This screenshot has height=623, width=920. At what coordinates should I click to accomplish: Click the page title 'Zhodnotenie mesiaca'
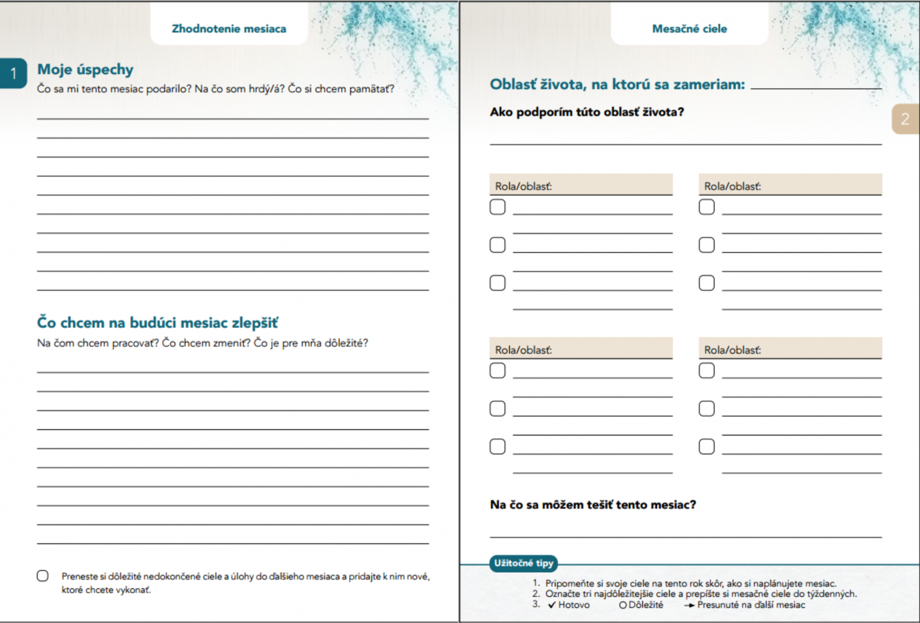pyautogui.click(x=229, y=29)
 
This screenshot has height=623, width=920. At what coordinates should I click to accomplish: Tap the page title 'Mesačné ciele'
pyautogui.click(x=689, y=29)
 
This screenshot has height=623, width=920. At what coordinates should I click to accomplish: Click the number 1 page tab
pyautogui.click(x=13, y=74)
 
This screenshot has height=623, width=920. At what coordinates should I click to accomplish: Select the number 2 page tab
pyautogui.click(x=904, y=119)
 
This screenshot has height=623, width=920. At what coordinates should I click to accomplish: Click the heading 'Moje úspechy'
pyautogui.click(x=85, y=69)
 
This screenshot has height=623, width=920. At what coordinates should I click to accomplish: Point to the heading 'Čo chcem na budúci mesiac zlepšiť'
pyautogui.click(x=158, y=323)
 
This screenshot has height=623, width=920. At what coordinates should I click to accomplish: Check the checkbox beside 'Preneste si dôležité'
pyautogui.click(x=43, y=576)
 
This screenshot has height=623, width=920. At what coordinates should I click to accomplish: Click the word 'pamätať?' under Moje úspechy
pyautogui.click(x=371, y=89)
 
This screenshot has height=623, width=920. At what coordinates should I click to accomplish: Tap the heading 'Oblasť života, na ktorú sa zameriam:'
pyautogui.click(x=617, y=84)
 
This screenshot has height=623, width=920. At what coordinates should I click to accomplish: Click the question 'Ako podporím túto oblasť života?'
pyautogui.click(x=586, y=112)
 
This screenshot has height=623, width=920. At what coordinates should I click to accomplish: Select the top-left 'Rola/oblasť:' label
pyautogui.click(x=523, y=186)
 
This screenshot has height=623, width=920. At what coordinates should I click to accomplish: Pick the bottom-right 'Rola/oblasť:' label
pyautogui.click(x=733, y=350)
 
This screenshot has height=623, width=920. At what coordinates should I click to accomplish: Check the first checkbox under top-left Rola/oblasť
pyautogui.click(x=498, y=207)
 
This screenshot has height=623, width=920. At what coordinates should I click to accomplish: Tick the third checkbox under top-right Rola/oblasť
pyautogui.click(x=707, y=283)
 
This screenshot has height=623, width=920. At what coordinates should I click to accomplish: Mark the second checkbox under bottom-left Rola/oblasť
pyautogui.click(x=498, y=409)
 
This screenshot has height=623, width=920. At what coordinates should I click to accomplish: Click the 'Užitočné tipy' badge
pyautogui.click(x=523, y=563)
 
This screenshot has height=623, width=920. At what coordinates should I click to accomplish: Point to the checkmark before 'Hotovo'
pyautogui.click(x=552, y=605)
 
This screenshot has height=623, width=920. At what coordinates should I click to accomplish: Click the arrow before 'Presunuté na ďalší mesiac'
pyautogui.click(x=689, y=606)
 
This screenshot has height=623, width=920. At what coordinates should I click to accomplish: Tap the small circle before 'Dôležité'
pyautogui.click(x=623, y=606)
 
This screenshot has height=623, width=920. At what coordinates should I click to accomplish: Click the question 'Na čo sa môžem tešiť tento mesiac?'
pyautogui.click(x=593, y=505)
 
